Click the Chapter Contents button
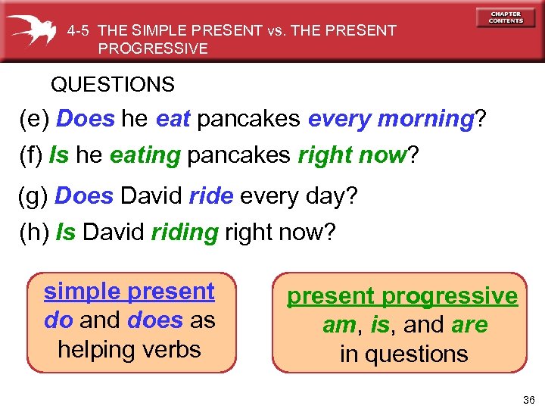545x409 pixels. [x=505, y=17]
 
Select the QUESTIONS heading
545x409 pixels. [x=113, y=84]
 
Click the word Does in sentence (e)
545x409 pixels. [x=86, y=119]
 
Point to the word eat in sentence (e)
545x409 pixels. [x=173, y=119]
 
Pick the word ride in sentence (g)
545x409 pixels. [x=211, y=196]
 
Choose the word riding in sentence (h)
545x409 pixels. [x=185, y=232]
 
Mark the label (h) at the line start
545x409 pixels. [x=33, y=232]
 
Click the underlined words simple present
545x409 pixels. [x=129, y=291]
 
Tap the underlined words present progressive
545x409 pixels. [x=402, y=296]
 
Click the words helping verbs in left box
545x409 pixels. [x=129, y=349]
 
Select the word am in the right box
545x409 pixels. [x=338, y=325]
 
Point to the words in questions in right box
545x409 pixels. [x=403, y=354]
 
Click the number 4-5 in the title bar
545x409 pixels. [x=79, y=31]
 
